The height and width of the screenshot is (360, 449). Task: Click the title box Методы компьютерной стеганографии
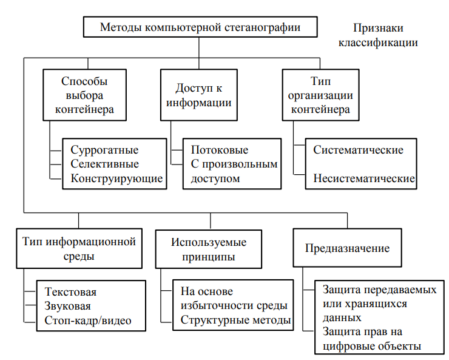(x=200, y=27)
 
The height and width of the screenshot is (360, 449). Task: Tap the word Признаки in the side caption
(x=378, y=28)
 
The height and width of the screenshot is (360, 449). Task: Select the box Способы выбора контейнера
(x=85, y=95)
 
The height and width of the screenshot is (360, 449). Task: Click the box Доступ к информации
(x=198, y=95)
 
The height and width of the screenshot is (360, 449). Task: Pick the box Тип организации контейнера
(x=320, y=95)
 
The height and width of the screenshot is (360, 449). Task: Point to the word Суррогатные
(x=104, y=150)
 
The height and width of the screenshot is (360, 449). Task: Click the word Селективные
(x=104, y=164)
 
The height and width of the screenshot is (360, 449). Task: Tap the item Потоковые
(x=220, y=150)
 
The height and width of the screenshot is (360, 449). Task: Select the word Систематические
(x=358, y=150)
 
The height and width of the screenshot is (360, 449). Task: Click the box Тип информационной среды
(x=79, y=249)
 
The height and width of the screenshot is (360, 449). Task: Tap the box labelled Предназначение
(x=347, y=249)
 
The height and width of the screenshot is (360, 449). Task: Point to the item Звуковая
(x=69, y=307)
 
